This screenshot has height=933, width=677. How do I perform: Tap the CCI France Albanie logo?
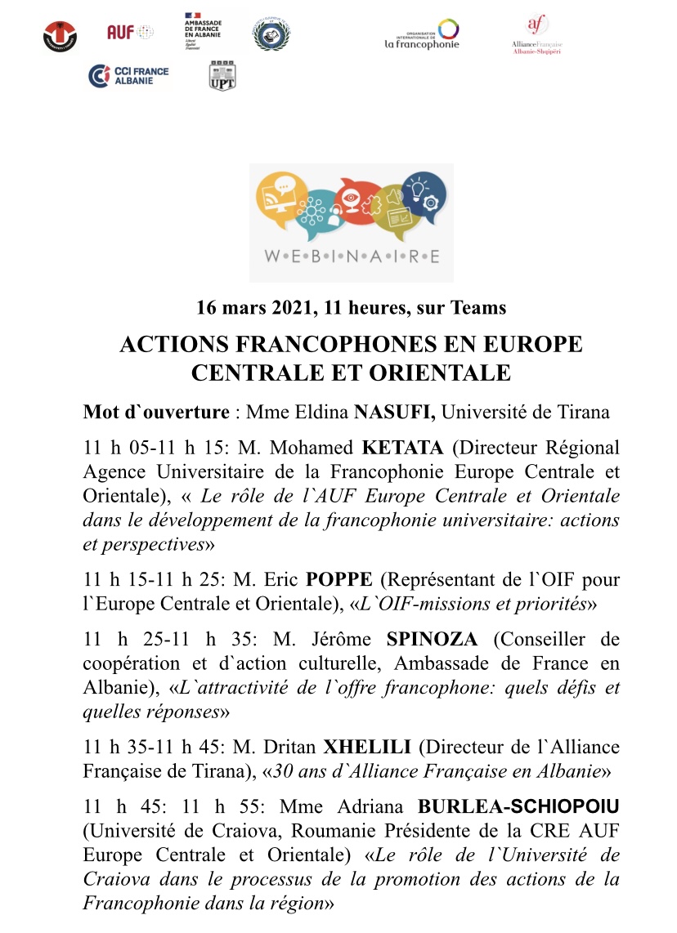click(129, 75)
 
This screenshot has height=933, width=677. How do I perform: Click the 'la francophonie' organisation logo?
click(422, 35)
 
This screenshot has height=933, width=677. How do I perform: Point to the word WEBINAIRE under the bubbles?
click(351, 256)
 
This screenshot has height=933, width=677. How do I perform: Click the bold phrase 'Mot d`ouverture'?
click(156, 411)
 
